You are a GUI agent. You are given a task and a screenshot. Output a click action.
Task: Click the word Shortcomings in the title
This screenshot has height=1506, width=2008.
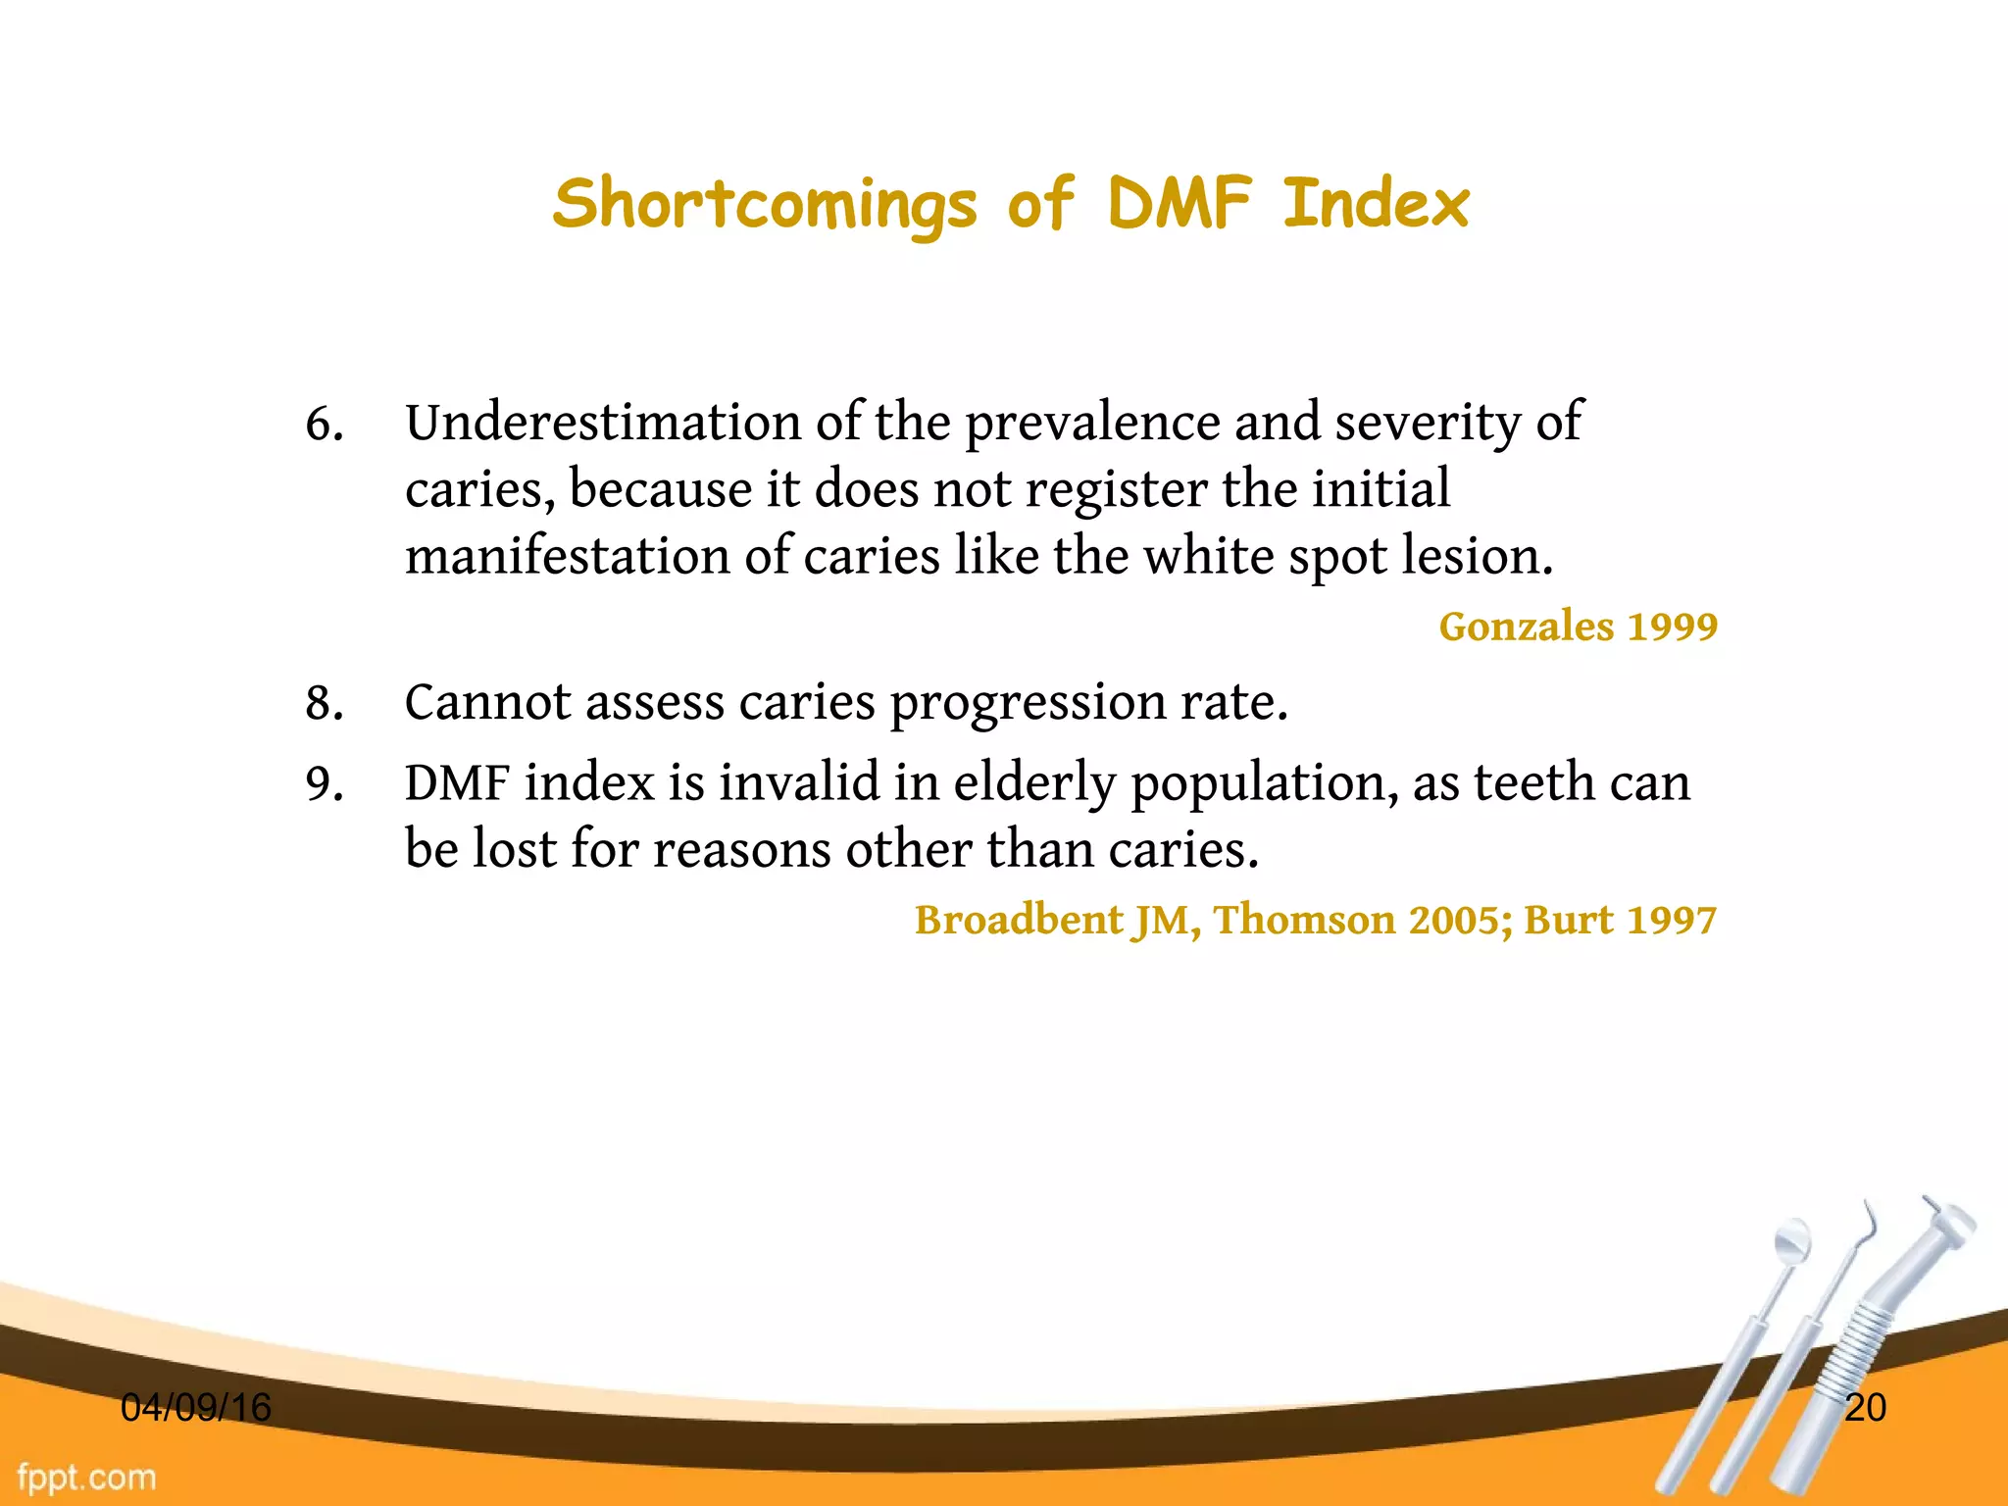coord(765,205)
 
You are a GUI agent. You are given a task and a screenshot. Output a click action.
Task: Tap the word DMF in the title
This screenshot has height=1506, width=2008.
coord(1180,203)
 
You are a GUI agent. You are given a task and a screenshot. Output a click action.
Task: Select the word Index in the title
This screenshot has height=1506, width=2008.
coord(1376,203)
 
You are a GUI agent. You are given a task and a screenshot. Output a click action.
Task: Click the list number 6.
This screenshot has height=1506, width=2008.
coord(325,425)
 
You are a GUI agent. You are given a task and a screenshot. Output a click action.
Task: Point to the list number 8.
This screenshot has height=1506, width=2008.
coord(325,704)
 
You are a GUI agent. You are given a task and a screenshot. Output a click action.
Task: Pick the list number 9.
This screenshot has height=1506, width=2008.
coord(325,784)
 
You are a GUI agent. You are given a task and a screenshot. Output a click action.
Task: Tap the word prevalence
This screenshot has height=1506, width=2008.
coord(1091,425)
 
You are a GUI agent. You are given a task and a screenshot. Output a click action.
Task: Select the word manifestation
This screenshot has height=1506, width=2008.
coord(567,556)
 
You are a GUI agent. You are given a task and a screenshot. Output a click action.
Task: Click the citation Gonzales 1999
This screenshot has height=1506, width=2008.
coord(1578,627)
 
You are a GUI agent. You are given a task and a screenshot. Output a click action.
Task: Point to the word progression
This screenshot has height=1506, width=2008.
coord(1027,704)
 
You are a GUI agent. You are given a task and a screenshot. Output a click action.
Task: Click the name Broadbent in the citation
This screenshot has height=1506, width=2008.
coord(1019,921)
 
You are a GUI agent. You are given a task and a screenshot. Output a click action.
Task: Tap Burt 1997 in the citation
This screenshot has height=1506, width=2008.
coord(1620,921)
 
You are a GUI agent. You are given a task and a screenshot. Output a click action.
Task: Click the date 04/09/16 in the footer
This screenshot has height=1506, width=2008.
coord(195,1408)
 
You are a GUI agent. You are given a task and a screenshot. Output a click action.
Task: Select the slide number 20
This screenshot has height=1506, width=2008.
coord(1865,1408)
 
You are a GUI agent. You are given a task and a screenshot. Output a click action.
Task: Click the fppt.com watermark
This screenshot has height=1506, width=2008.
coord(87,1477)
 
